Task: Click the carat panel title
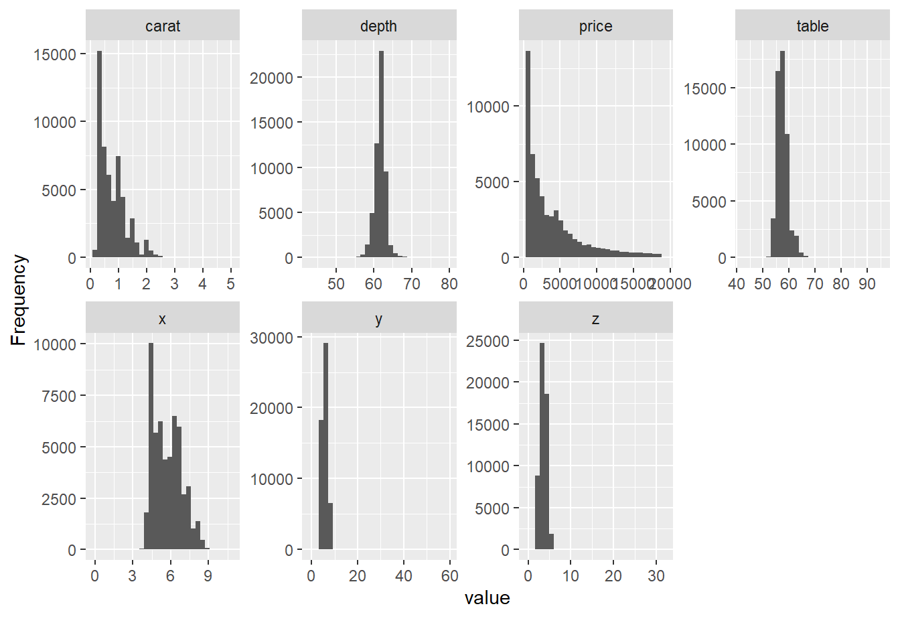pyautogui.click(x=163, y=26)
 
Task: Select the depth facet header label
pyautogui.click(x=378, y=26)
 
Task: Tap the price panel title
pyautogui.click(x=595, y=26)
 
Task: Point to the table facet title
pyautogui.click(x=812, y=26)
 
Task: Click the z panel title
pyautogui.click(x=595, y=319)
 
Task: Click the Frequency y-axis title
pyautogui.click(x=19, y=299)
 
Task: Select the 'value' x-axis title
pyautogui.click(x=487, y=598)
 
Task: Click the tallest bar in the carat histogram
pyautogui.click(x=100, y=154)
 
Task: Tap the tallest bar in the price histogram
pyautogui.click(x=528, y=154)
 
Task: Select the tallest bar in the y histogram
pyautogui.click(x=325, y=445)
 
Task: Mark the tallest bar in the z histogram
pyautogui.click(x=542, y=445)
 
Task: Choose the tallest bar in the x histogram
pyautogui.click(x=151, y=445)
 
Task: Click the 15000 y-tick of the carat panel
pyautogui.click(x=55, y=54)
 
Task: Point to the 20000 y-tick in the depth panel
pyautogui.click(x=271, y=78)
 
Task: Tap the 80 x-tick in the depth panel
pyautogui.click(x=449, y=284)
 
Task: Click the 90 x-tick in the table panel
pyautogui.click(x=867, y=284)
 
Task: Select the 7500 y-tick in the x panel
pyautogui.click(x=59, y=396)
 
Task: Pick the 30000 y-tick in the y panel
pyautogui.click(x=271, y=338)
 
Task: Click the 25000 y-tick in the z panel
pyautogui.click(x=487, y=341)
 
